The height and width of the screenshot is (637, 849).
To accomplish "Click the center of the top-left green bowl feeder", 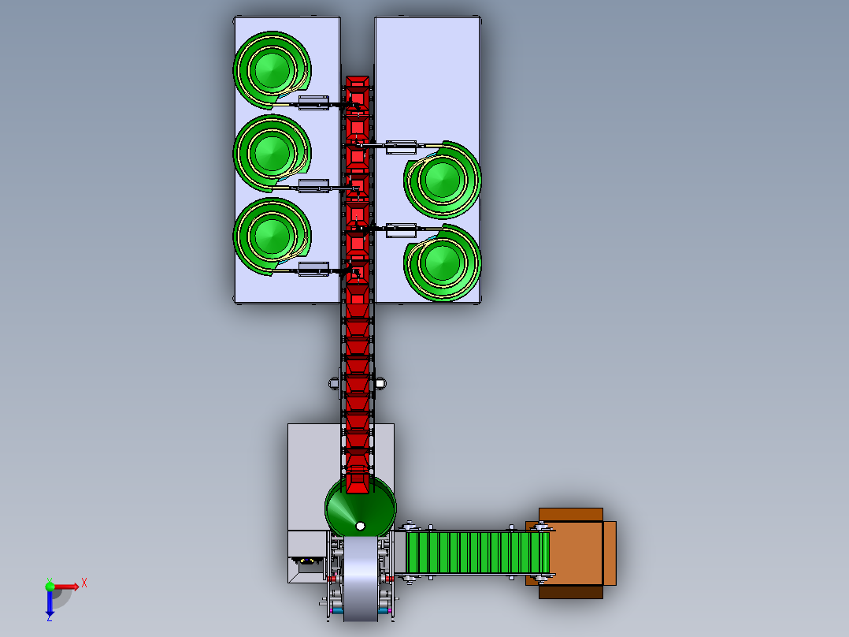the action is tap(272, 70).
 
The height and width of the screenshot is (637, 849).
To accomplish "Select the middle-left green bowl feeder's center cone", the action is tap(272, 152).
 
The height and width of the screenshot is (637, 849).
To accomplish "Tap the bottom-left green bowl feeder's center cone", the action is tap(272, 236).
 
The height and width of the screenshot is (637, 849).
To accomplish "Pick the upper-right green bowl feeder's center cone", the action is tap(443, 180).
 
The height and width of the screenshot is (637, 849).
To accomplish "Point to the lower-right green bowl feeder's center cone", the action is tap(443, 263).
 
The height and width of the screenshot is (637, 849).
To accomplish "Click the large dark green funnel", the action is tap(361, 506).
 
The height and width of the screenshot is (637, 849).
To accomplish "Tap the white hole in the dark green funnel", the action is tap(360, 526).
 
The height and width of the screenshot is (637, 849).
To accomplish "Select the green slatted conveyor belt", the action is tap(477, 553).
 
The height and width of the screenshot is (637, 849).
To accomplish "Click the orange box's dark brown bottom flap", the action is tap(571, 592).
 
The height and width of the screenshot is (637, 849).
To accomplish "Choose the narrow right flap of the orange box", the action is tap(610, 553).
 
